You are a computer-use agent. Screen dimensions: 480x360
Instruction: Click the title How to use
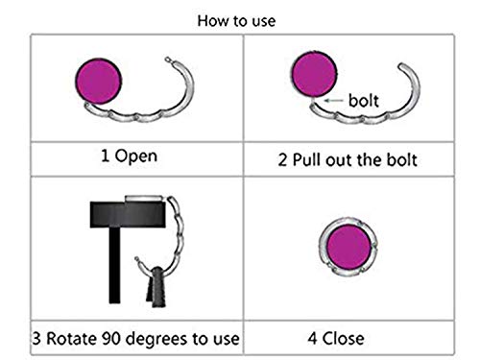pyautogui.click(x=236, y=21)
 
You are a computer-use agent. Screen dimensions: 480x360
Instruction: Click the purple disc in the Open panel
pyautogui.click(x=99, y=82)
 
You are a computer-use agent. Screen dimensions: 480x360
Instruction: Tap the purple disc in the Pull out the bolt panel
pyautogui.click(x=315, y=74)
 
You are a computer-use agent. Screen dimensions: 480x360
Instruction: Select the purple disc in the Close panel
pyautogui.click(x=348, y=247)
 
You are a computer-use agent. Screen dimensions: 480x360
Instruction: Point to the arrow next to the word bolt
pyautogui.click(x=333, y=101)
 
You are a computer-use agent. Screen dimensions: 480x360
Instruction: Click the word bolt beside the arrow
pyautogui.click(x=364, y=101)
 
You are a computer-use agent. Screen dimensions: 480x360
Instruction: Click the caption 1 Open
pyautogui.click(x=129, y=156)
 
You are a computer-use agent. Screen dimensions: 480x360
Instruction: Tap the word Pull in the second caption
pyautogui.click(x=307, y=159)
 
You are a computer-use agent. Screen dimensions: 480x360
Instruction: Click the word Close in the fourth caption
pyautogui.click(x=343, y=339)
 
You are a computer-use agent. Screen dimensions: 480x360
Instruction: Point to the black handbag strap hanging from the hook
pyautogui.click(x=156, y=287)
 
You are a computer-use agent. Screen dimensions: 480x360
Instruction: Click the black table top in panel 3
pyautogui.click(x=128, y=214)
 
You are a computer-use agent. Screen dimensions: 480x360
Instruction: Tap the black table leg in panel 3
pyautogui.click(x=114, y=265)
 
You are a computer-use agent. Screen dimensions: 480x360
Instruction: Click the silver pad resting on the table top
pyautogui.click(x=144, y=199)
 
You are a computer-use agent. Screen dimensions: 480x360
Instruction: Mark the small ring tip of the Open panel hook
pyautogui.click(x=168, y=60)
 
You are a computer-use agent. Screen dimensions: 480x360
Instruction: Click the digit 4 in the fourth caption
pyautogui.click(x=312, y=339)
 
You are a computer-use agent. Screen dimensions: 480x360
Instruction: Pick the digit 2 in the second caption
pyautogui.click(x=282, y=159)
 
